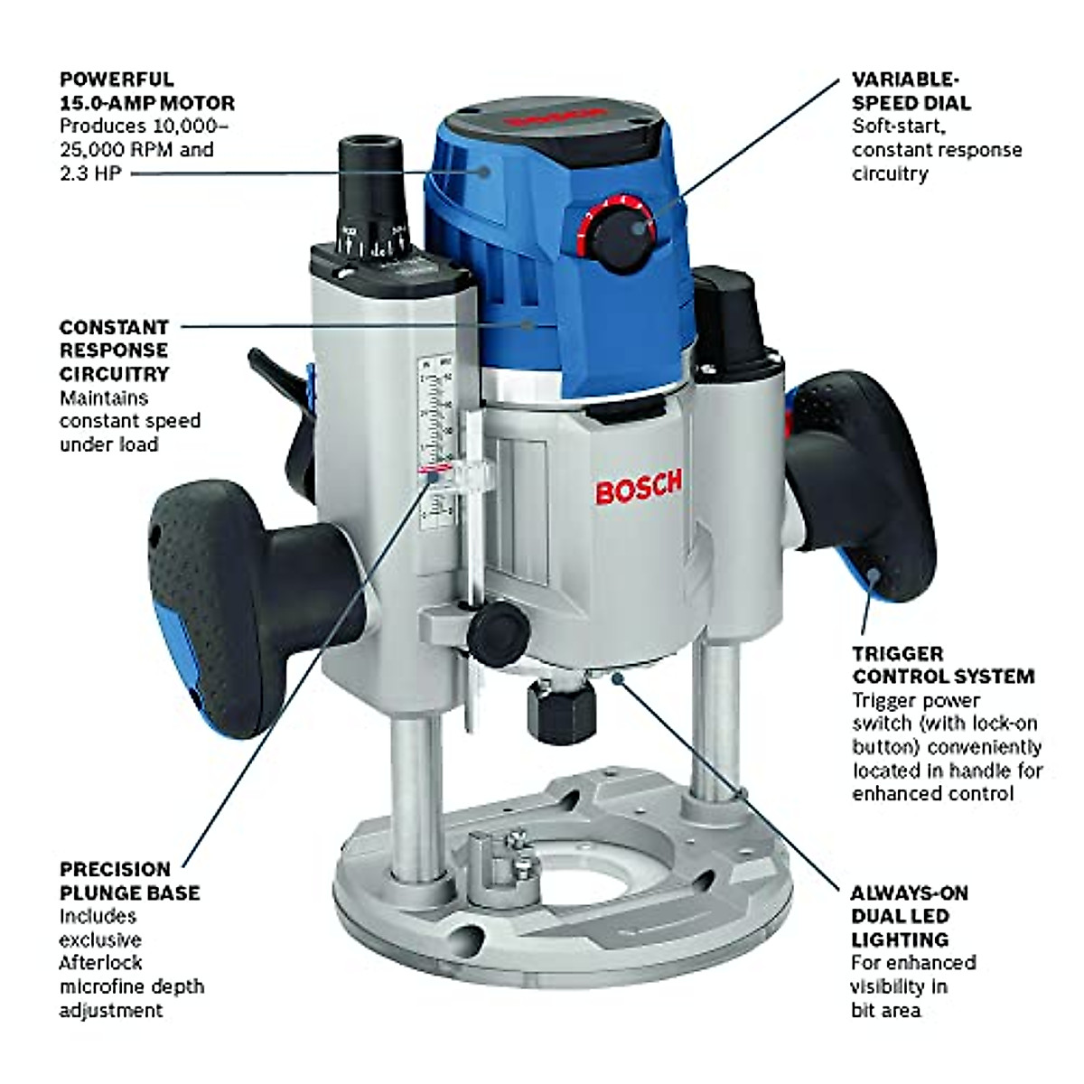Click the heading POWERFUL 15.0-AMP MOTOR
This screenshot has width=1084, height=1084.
click(x=147, y=91)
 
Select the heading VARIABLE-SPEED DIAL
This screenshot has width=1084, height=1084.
click(x=911, y=91)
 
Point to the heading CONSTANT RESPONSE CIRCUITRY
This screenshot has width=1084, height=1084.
click(x=115, y=350)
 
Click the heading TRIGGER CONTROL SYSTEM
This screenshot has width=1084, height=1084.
click(x=943, y=664)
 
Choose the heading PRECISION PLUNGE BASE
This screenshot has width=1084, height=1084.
click(x=130, y=881)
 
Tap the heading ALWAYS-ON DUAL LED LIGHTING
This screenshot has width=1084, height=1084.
click(x=909, y=916)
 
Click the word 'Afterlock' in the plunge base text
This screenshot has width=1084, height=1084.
click(x=100, y=963)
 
